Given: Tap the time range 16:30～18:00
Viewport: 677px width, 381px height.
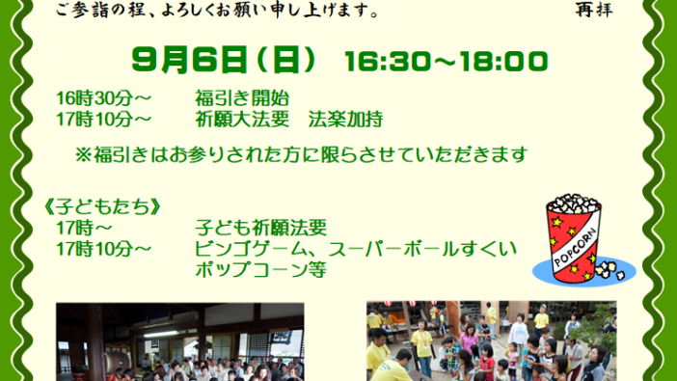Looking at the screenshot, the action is pyautogui.click(x=446, y=62).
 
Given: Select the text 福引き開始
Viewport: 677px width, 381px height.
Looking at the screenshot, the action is pyautogui.click(x=242, y=98).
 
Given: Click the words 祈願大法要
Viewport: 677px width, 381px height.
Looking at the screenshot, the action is pyautogui.click(x=242, y=119).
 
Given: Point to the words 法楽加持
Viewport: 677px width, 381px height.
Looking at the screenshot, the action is pyautogui.click(x=345, y=119).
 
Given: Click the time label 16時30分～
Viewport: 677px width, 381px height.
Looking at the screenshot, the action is pyautogui.click(x=103, y=98).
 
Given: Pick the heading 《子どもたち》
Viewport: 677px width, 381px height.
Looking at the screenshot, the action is pyautogui.click(x=102, y=207).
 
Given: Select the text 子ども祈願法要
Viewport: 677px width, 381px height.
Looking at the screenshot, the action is pyautogui.click(x=260, y=228).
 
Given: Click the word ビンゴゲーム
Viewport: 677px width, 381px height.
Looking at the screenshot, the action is pyautogui.click(x=256, y=249).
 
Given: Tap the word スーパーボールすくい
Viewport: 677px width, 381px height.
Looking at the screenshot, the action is pyautogui.click(x=422, y=249).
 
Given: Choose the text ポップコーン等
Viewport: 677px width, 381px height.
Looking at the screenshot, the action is pyautogui.click(x=260, y=269).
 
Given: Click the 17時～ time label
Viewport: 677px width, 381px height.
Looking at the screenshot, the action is pyautogui.click(x=84, y=228).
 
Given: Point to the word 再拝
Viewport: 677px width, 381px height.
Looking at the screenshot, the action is pyautogui.click(x=594, y=10).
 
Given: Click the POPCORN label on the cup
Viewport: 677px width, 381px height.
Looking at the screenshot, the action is pyautogui.click(x=575, y=246).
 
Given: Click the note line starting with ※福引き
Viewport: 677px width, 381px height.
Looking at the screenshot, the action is pyautogui.click(x=301, y=154).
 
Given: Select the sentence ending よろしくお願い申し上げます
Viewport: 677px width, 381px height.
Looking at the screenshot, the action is pyautogui.click(x=217, y=10).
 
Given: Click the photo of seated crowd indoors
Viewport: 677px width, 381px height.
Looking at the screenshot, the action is pyautogui.click(x=180, y=341).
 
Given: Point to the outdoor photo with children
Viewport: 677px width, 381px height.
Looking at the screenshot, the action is pyautogui.click(x=491, y=341).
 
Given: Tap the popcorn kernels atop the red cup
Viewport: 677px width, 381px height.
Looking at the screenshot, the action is pyautogui.click(x=574, y=203).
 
